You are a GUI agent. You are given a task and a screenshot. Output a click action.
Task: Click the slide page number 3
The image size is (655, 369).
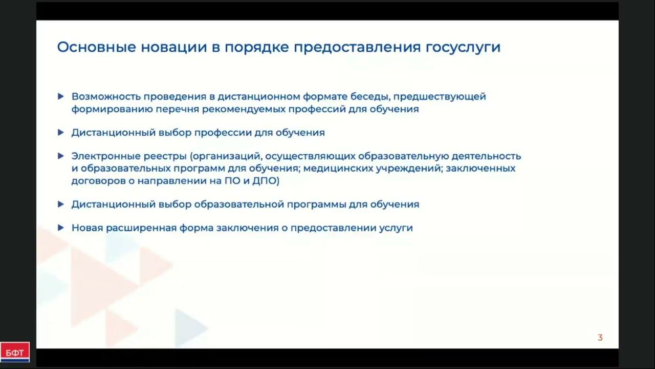(x=600, y=338)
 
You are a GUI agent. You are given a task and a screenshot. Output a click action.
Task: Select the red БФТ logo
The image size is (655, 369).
(x=15, y=352)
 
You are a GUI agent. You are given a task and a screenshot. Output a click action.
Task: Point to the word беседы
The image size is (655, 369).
(x=371, y=96)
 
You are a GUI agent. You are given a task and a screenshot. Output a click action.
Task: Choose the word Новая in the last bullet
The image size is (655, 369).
(x=87, y=228)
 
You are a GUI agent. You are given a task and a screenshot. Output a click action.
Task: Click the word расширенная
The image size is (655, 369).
(x=141, y=228)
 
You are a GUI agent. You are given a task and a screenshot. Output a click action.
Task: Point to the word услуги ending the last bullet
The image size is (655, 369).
(x=396, y=228)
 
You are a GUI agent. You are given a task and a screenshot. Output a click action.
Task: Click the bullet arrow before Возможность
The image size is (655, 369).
(x=61, y=96)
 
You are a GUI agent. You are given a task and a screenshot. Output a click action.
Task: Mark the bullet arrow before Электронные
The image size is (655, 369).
(x=61, y=156)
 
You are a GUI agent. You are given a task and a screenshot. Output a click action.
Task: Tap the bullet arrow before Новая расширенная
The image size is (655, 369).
(x=61, y=228)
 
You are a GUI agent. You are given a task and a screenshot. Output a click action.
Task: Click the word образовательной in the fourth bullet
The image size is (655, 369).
(x=239, y=204)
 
